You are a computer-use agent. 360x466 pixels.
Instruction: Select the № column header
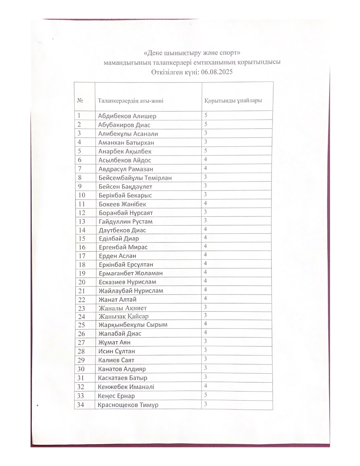[80, 101]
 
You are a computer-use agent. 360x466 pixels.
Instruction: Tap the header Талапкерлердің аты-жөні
[130, 101]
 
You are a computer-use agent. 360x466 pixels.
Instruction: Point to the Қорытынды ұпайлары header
[233, 101]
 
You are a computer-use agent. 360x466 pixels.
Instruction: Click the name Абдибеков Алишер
[127, 116]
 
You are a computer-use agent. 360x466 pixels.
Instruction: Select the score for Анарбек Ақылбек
[206, 151]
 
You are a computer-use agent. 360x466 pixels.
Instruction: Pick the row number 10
[82, 195]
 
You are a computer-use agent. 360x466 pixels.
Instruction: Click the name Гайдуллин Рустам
[126, 221]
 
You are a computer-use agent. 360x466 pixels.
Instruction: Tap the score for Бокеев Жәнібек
[206, 203]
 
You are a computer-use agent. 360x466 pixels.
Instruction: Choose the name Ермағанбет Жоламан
[131, 273]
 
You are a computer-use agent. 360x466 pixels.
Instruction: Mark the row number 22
[82, 299]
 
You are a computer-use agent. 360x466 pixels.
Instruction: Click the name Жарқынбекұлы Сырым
[133, 325]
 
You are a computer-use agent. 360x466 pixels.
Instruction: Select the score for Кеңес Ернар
[206, 395]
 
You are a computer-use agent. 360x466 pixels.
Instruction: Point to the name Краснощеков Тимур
[128, 405]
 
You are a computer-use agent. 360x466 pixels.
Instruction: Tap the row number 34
[81, 405]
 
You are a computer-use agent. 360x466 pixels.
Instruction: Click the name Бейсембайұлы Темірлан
[135, 178]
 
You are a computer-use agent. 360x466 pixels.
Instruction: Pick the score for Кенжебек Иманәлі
[206, 386]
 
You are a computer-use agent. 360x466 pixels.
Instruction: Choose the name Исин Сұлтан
[117, 351]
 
